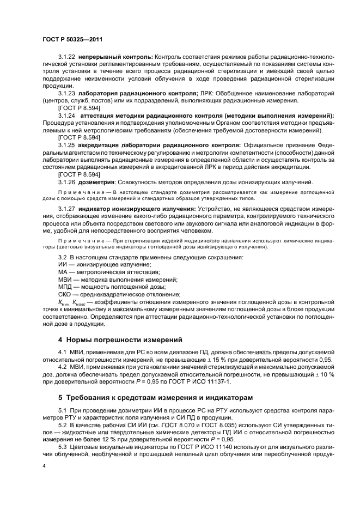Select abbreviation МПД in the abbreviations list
[x=65, y=286]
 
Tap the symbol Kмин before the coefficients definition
[x=65, y=301]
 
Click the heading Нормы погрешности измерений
[x=117, y=340]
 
